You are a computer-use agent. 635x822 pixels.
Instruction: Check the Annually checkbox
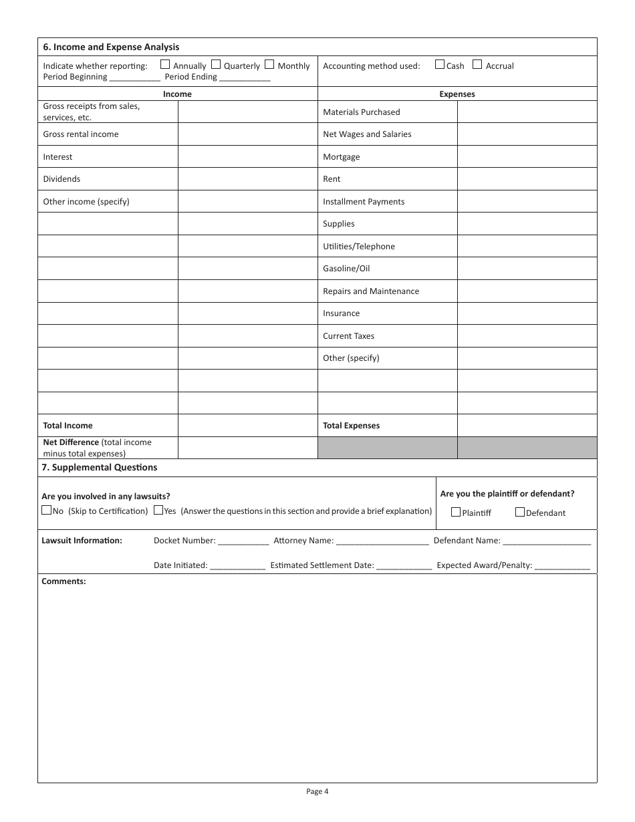[x=165, y=65]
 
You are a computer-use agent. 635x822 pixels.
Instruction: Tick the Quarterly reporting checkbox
[x=216, y=65]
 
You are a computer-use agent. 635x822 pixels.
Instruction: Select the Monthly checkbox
[x=269, y=65]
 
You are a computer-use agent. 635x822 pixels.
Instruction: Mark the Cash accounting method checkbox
[x=439, y=65]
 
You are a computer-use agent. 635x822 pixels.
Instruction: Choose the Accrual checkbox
[x=477, y=65]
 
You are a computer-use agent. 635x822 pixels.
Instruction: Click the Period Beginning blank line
[x=134, y=78]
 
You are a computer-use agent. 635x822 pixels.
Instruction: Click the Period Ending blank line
[x=245, y=78]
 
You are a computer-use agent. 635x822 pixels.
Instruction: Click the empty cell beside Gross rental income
[x=247, y=134]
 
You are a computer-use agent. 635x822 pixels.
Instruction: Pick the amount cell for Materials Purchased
[x=527, y=112]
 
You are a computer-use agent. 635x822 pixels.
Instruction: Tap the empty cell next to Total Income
[x=247, y=425]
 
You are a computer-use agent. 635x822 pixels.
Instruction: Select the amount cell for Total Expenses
[x=527, y=425]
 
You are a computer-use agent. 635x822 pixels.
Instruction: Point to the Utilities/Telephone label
[x=359, y=247]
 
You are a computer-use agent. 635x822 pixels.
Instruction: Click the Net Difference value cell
[x=247, y=448]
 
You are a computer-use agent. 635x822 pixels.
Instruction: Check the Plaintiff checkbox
[x=456, y=513]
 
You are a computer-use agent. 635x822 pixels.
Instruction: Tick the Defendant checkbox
[x=520, y=513]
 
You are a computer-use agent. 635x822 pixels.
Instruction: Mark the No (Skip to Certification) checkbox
[x=46, y=511]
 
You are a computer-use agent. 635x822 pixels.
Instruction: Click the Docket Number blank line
[x=243, y=541]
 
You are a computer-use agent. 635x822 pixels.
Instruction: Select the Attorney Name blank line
[x=382, y=541]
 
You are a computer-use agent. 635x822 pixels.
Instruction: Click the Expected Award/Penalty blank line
[x=562, y=566]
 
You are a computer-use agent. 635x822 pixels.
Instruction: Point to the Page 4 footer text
[x=317, y=792]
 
